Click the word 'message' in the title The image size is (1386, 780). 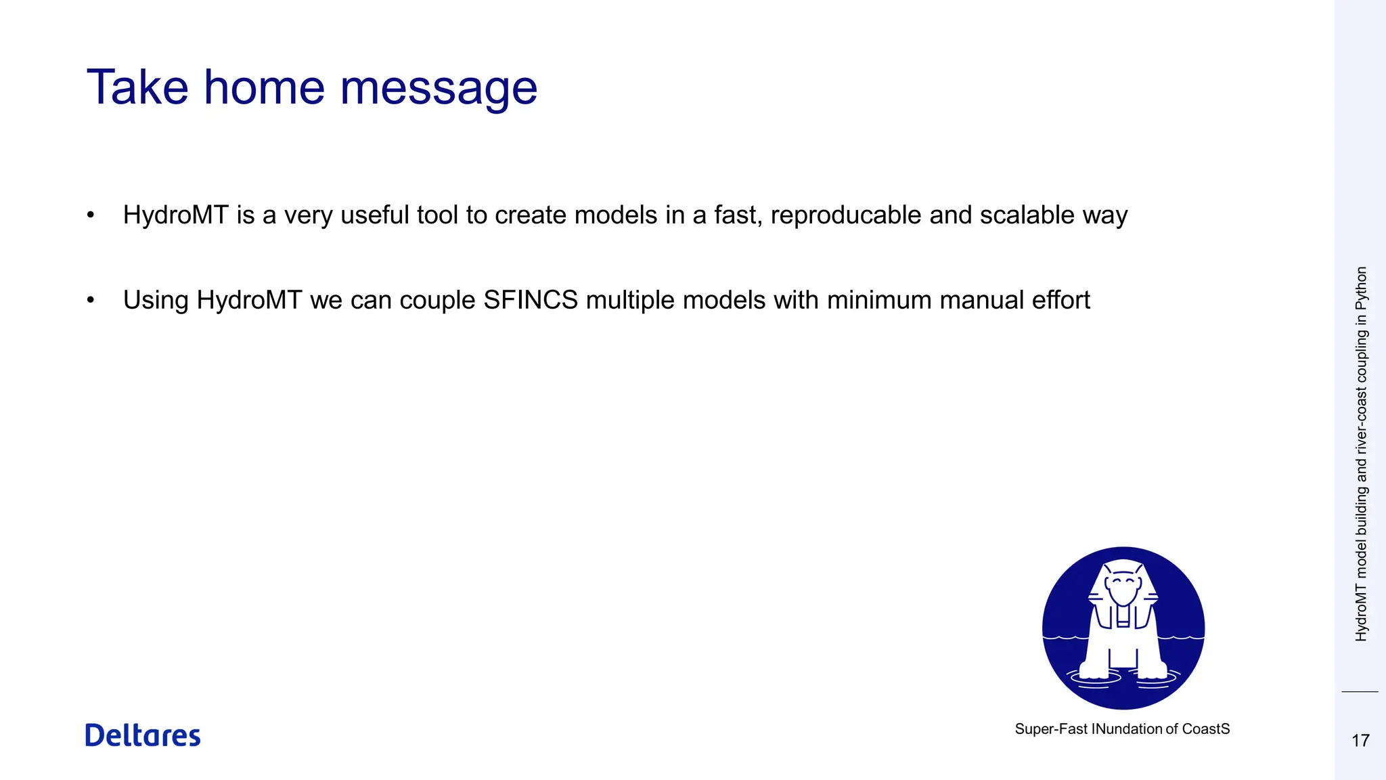[438, 88]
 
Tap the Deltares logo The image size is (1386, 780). [143, 735]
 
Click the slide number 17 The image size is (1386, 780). [1360, 741]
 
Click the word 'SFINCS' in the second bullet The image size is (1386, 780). [531, 300]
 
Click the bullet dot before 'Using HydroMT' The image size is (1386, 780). [91, 300]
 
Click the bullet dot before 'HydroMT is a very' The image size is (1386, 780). [91, 215]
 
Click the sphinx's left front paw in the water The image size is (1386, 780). [1092, 670]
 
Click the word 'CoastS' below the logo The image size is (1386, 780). [1206, 729]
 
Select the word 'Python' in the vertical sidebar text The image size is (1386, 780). [1361, 288]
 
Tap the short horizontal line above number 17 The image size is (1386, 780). [1360, 692]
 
